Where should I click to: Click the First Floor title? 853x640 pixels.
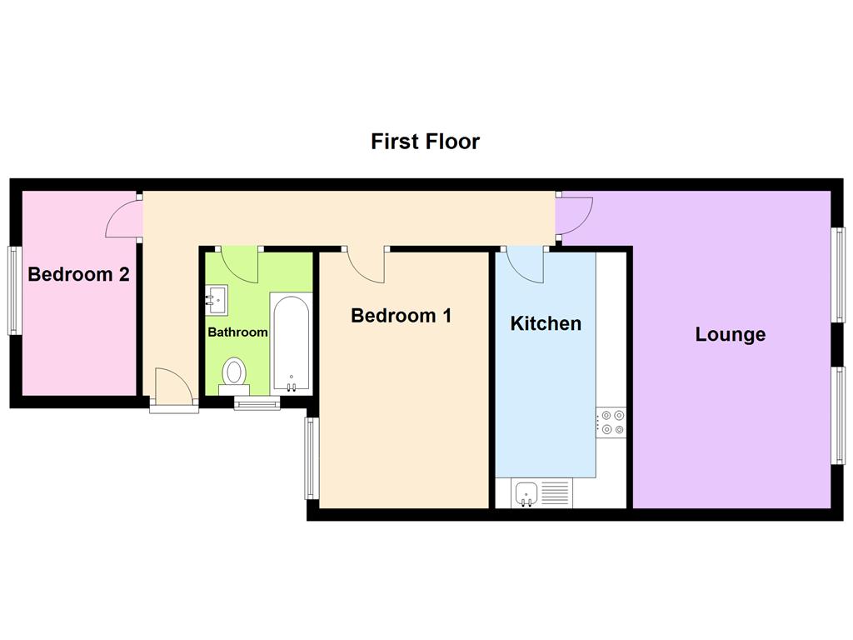click(x=425, y=142)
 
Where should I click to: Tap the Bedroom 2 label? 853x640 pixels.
click(x=78, y=274)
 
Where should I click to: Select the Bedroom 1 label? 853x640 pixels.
click(x=401, y=316)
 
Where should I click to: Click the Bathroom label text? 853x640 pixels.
click(x=237, y=332)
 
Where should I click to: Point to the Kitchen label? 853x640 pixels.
click(x=546, y=323)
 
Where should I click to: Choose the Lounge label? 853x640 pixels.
click(x=730, y=335)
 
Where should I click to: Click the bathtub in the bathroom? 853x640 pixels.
click(x=291, y=342)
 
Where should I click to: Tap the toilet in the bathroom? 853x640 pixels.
click(x=234, y=373)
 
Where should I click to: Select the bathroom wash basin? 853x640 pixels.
click(x=217, y=299)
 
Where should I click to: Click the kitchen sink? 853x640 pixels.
click(x=526, y=493)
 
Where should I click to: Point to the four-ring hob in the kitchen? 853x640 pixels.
click(x=612, y=422)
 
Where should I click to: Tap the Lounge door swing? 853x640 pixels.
click(x=573, y=216)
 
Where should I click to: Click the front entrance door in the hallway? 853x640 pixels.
click(x=174, y=389)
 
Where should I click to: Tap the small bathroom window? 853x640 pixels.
click(x=257, y=405)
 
